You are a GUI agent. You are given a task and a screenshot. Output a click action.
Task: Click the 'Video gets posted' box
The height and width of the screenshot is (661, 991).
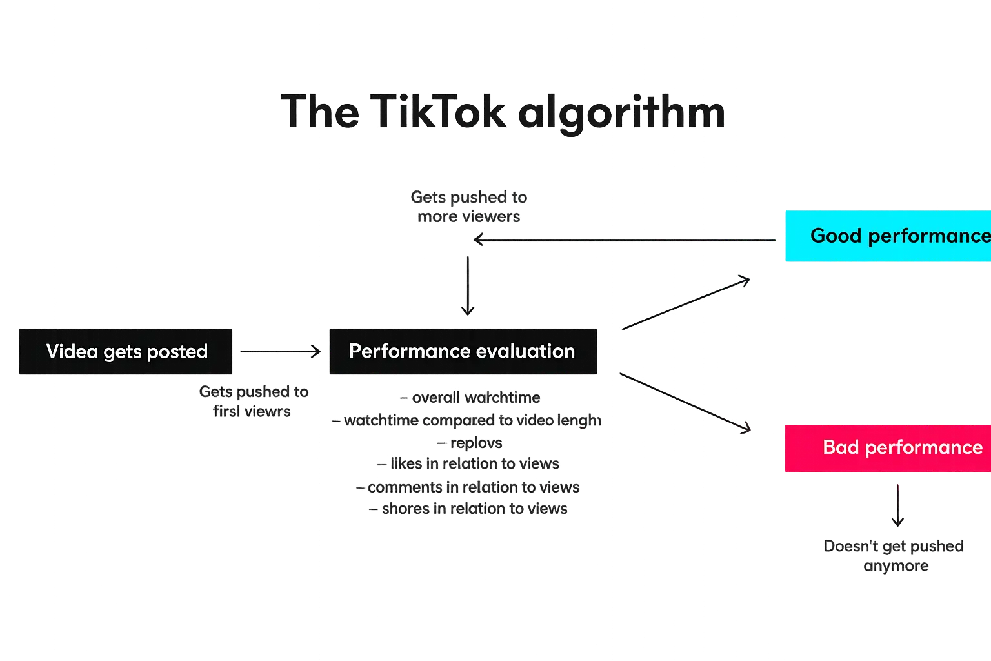click(126, 351)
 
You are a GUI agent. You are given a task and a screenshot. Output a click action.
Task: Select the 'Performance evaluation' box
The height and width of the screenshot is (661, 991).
click(462, 351)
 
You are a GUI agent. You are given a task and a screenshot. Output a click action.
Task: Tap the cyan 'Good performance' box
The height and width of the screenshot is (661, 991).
click(888, 236)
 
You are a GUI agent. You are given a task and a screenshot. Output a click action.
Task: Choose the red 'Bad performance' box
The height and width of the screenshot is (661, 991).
click(888, 448)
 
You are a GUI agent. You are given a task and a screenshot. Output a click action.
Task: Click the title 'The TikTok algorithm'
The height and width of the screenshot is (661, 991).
click(504, 112)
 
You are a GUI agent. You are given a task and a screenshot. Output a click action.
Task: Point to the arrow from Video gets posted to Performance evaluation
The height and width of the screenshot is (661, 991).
click(279, 351)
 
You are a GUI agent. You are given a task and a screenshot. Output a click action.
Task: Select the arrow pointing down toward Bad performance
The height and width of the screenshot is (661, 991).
click(685, 401)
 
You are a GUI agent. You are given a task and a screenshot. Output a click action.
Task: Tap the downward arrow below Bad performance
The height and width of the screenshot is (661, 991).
click(898, 504)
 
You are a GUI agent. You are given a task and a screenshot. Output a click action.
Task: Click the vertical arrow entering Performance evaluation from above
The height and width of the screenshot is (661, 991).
click(467, 284)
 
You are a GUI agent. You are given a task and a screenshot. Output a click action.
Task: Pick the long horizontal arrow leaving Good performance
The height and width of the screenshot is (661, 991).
click(626, 240)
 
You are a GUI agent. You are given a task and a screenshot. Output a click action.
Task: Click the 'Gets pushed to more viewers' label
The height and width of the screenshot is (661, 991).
click(469, 207)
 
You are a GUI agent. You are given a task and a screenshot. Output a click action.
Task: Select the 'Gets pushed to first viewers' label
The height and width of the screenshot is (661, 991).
click(254, 402)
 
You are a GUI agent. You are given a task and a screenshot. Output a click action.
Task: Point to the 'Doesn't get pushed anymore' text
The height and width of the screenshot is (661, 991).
click(894, 556)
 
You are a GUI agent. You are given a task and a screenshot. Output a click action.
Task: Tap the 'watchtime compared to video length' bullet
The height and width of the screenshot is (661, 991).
click(467, 421)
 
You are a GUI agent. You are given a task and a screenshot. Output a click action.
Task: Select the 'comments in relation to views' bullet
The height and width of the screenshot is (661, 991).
click(467, 487)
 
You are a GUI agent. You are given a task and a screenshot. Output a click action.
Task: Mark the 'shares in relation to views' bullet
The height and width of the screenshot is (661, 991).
click(469, 509)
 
